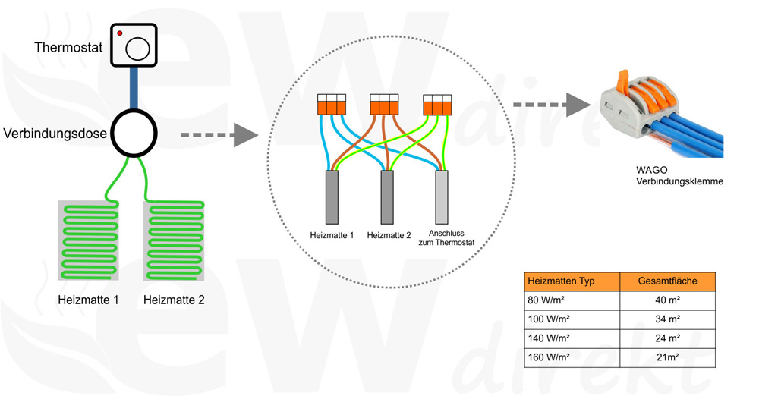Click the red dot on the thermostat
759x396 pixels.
(120, 33)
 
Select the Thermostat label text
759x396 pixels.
(69, 48)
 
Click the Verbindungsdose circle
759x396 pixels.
(134, 134)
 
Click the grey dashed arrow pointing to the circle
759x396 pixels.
(216, 136)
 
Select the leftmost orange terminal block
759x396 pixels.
(331, 105)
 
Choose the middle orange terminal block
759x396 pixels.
(384, 105)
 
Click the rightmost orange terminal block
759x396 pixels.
(437, 105)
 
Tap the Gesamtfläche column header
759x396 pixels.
(667, 281)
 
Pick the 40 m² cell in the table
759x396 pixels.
(667, 300)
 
